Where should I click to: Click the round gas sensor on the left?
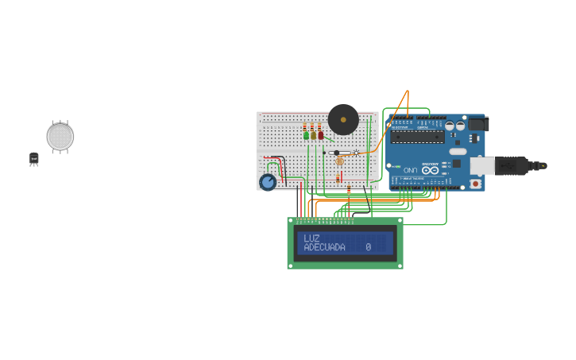tap(60, 137)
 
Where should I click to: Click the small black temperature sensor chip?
tap(34, 159)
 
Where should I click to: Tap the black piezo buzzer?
tap(343, 120)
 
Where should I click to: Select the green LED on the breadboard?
tap(306, 135)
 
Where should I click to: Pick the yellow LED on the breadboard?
tap(313, 135)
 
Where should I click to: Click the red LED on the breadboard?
tap(320, 135)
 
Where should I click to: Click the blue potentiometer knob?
tap(268, 182)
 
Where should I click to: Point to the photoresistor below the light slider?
tap(340, 161)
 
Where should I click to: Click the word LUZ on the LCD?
tap(311, 238)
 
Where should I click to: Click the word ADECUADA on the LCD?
tap(324, 248)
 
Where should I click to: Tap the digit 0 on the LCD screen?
tap(369, 248)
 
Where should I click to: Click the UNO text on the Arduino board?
tap(410, 170)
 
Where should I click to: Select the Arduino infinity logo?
tap(430, 169)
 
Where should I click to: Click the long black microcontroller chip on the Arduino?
tap(417, 136)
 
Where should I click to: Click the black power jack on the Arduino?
tap(477, 124)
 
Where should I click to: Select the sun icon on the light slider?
tap(355, 153)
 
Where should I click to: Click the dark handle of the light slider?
tap(337, 153)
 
